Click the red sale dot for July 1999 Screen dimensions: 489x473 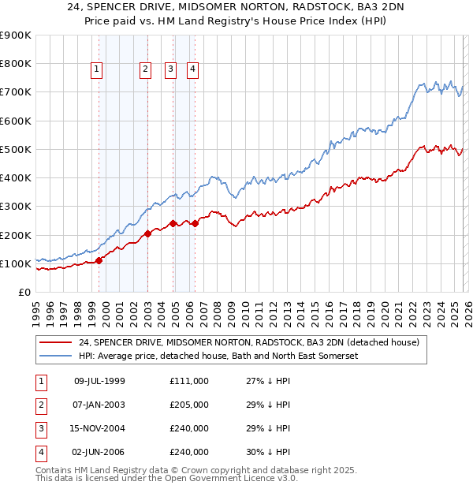tap(99, 260)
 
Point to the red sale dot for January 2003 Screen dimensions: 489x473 tap(147, 233)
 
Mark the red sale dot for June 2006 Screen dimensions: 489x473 tap(195, 224)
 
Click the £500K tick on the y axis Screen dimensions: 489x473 tap(15, 149)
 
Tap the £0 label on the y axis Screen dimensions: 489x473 tap(24, 292)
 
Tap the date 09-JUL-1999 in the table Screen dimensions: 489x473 tap(99, 381)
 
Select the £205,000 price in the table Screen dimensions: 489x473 tap(189, 405)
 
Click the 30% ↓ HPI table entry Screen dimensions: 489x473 tap(268, 452)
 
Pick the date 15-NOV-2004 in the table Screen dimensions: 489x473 tap(99, 428)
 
